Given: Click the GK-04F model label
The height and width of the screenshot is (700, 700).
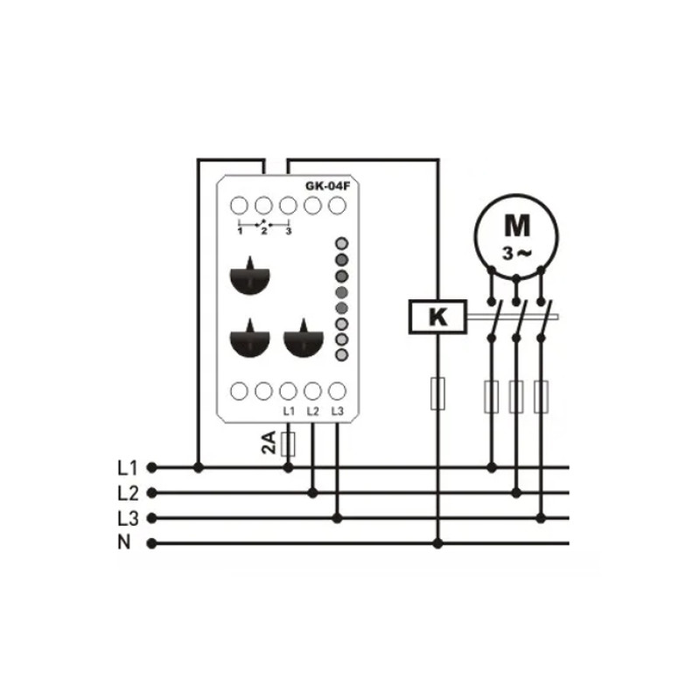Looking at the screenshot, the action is [x=327, y=185].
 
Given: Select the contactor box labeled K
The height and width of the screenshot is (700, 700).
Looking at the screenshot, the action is [x=438, y=317].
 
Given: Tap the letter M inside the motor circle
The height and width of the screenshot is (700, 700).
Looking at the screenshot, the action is [x=517, y=226].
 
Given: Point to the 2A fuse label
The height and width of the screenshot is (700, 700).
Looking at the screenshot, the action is [x=269, y=443].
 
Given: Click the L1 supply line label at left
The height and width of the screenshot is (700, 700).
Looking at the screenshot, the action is [x=128, y=468].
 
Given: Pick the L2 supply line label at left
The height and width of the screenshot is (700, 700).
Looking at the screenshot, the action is [x=128, y=493].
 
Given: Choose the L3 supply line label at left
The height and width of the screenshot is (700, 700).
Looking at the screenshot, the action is [x=128, y=519].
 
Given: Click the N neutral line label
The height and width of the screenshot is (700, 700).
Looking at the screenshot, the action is [x=124, y=542].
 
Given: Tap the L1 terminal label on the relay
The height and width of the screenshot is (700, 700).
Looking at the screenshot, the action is [x=289, y=411].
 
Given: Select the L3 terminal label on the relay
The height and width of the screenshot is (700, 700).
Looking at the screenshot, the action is [x=338, y=411].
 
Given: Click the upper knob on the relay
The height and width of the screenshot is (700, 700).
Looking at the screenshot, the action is [x=250, y=276].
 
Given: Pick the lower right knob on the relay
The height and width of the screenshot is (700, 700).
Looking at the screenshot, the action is [x=304, y=339].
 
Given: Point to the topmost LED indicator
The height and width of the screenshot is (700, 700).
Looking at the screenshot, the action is [x=341, y=243].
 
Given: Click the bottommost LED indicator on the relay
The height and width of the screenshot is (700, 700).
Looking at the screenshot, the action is [x=341, y=355].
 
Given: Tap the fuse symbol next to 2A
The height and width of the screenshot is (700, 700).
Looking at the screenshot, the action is [x=289, y=444].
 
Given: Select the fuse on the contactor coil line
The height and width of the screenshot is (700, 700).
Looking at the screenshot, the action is [x=437, y=393].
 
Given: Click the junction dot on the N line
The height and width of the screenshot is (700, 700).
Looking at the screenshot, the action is [x=438, y=543].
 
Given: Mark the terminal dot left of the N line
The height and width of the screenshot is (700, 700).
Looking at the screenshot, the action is [x=151, y=543].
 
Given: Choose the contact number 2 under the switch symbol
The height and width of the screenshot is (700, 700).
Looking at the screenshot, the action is [x=264, y=231].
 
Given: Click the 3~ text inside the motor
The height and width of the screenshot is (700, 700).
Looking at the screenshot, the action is [x=517, y=254].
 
